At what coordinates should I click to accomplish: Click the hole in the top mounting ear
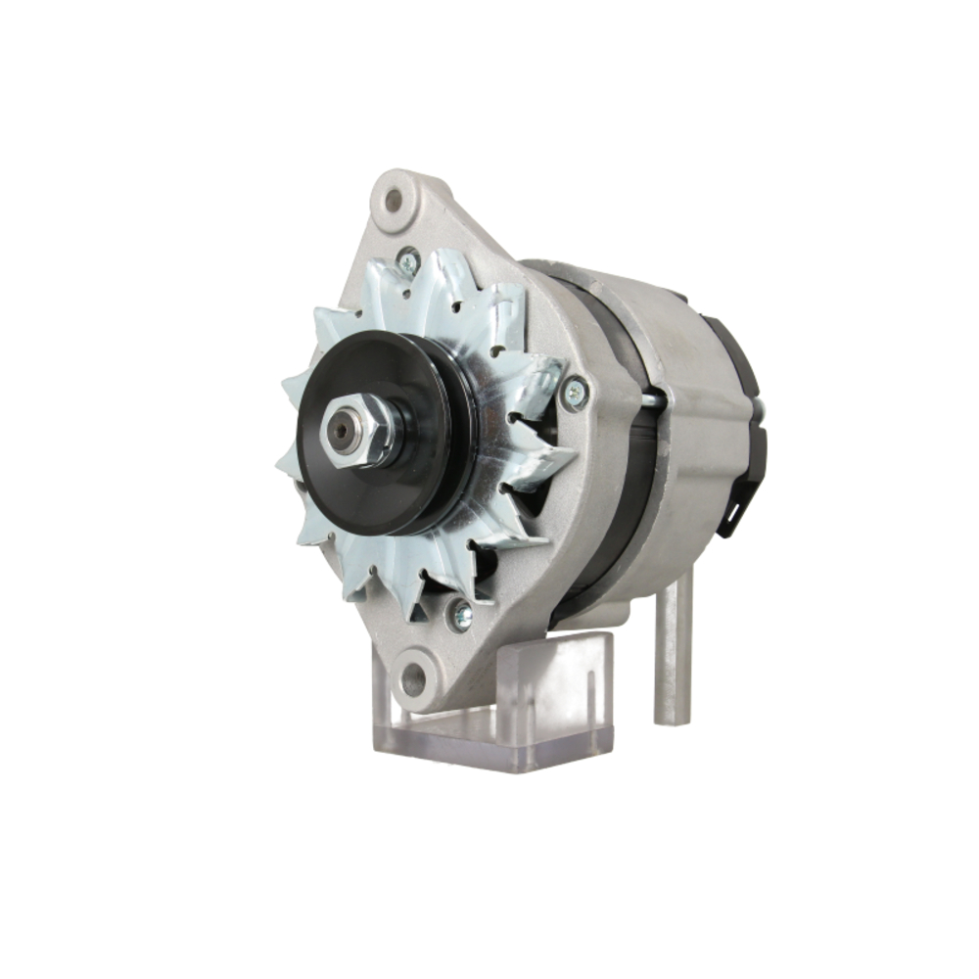pyautogui.click(x=394, y=201)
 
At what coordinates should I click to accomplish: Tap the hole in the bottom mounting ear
pyautogui.click(x=415, y=675)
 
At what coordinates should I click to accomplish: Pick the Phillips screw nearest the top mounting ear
pyautogui.click(x=408, y=260)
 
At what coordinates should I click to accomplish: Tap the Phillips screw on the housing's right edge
pyautogui.click(x=576, y=393)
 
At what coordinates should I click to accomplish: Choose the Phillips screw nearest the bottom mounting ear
pyautogui.click(x=459, y=615)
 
